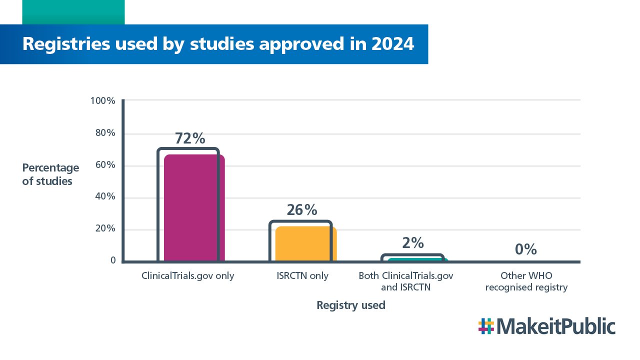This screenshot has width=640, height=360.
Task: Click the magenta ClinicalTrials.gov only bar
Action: [194, 207]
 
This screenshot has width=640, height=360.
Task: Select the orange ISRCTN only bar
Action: [305, 243]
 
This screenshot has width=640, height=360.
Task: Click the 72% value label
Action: [190, 138]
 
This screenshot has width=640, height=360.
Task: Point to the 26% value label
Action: [302, 210]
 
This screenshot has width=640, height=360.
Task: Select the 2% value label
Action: [413, 243]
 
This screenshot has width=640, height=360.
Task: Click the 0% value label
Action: [526, 249]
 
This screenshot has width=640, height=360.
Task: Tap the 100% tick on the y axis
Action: [103, 101]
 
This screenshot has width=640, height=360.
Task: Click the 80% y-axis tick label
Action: [105, 133]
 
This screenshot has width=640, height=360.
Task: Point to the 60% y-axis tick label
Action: [105, 165]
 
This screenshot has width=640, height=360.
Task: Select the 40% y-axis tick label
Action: [105, 197]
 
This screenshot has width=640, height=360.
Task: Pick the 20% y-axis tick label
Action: [105, 229]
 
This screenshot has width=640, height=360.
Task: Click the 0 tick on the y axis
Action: [113, 260]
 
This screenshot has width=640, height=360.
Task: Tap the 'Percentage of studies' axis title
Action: [50, 174]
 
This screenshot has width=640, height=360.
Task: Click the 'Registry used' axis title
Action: [351, 305]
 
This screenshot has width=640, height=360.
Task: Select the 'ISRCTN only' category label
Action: [302, 275]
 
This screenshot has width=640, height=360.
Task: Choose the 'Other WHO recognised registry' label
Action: [526, 281]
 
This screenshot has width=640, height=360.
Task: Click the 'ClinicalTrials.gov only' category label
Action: [187, 275]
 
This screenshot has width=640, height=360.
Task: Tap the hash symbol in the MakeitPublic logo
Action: [486, 326]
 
